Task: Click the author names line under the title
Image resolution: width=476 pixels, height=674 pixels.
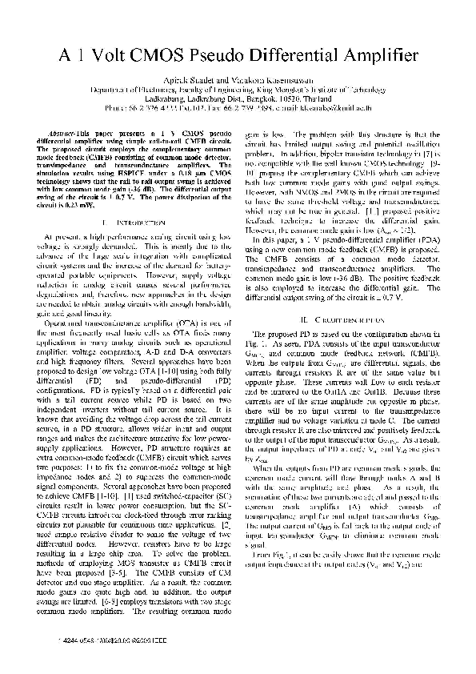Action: (238, 82)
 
